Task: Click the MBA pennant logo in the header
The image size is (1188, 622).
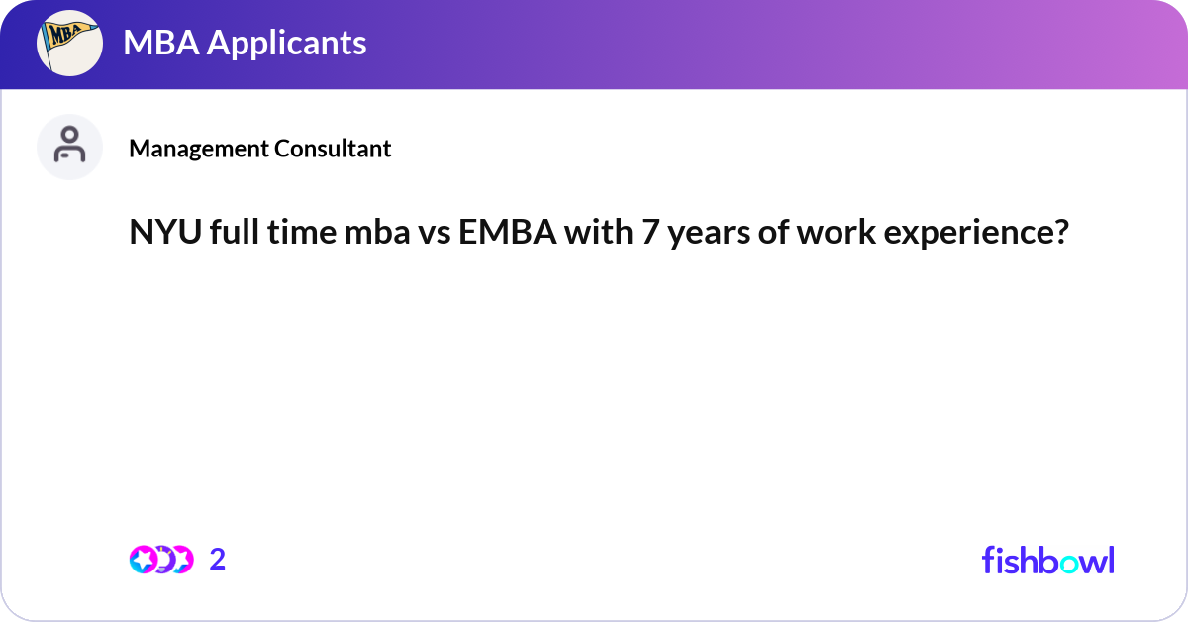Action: pos(69,44)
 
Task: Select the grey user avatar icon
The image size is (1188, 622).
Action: pos(69,147)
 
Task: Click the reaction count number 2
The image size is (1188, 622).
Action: pos(218,560)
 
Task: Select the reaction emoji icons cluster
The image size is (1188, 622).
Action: pos(160,560)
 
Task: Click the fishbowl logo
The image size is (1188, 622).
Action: pos(1047,560)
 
